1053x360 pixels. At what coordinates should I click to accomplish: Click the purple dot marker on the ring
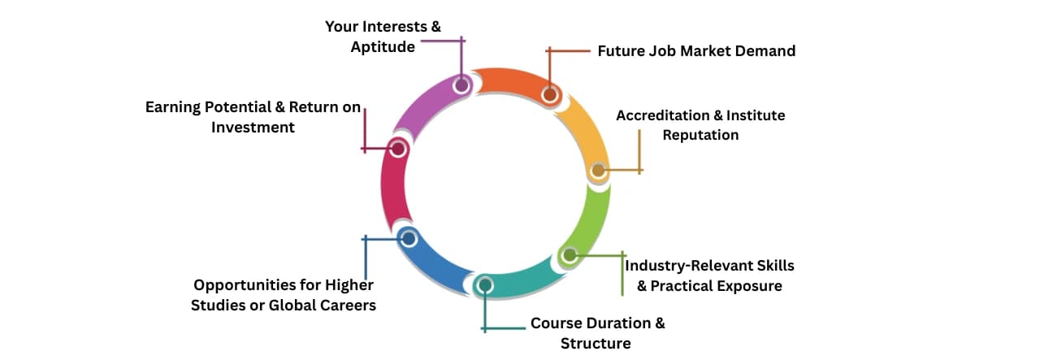coord(462,85)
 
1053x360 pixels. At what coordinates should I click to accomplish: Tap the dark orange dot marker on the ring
coord(549,95)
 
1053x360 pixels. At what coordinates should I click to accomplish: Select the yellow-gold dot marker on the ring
coord(598,171)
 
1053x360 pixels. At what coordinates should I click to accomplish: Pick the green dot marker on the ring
coord(569,255)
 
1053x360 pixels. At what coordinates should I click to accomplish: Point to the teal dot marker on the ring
coord(485,285)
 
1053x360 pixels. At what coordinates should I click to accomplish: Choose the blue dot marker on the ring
coord(409,238)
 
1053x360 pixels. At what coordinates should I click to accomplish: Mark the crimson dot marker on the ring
coord(397,149)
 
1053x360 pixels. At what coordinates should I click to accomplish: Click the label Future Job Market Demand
coord(696,51)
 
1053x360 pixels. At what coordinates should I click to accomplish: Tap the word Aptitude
coord(383,47)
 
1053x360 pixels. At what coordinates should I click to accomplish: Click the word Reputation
coord(700,135)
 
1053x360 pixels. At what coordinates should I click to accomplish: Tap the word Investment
coord(253,128)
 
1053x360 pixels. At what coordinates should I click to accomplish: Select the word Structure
coord(596,344)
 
